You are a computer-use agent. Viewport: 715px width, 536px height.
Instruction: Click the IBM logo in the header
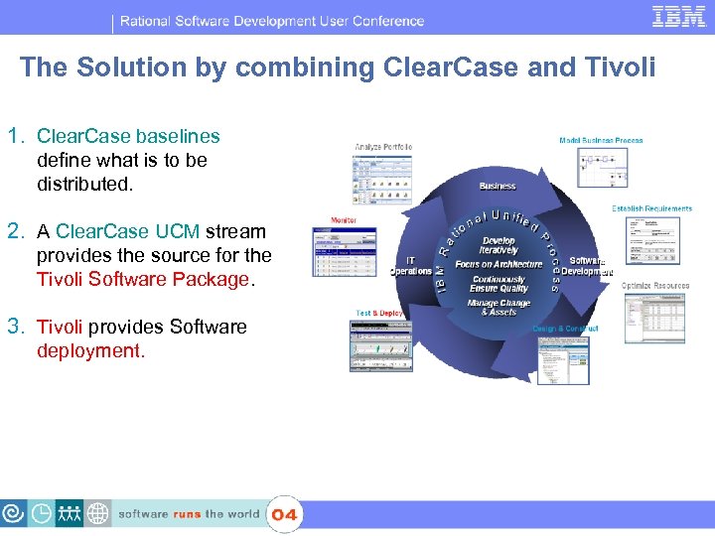(678, 16)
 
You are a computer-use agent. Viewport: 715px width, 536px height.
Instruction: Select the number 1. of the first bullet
(16, 136)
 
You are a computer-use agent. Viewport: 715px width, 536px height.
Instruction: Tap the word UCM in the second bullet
(177, 231)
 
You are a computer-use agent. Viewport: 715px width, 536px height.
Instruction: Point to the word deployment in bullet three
(90, 350)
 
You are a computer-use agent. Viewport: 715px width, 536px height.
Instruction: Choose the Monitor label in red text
(344, 220)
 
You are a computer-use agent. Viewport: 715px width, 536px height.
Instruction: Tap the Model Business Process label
(601, 141)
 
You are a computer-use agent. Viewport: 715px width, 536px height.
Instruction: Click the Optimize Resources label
(655, 286)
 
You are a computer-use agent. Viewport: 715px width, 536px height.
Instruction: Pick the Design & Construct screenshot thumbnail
(564, 359)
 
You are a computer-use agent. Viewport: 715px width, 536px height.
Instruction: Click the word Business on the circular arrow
(498, 186)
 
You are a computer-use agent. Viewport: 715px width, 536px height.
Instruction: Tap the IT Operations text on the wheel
(410, 265)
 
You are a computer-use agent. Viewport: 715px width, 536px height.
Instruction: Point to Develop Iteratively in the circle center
(499, 245)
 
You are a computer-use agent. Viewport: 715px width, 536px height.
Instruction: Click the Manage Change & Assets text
(499, 308)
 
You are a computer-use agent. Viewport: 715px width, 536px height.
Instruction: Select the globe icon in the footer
(97, 513)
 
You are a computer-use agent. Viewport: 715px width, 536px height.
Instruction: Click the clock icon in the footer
(42, 513)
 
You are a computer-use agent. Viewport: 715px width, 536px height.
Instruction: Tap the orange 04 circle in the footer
(284, 514)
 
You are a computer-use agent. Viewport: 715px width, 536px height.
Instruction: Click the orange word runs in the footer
(187, 514)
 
